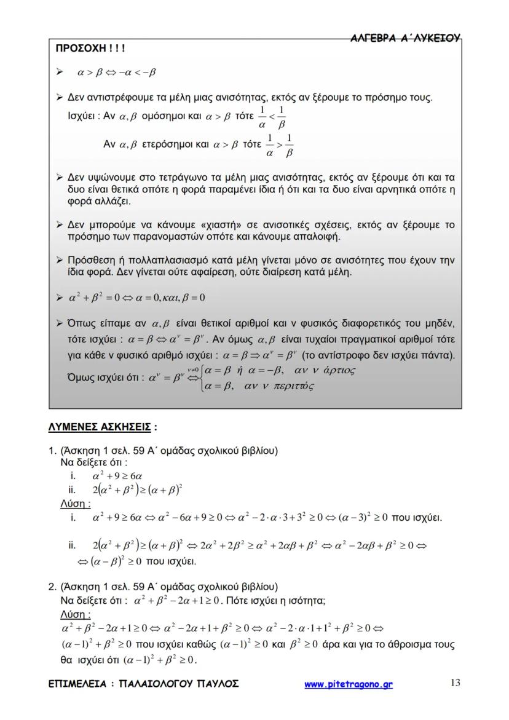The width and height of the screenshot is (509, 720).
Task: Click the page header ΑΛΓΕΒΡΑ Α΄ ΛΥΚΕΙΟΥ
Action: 405,38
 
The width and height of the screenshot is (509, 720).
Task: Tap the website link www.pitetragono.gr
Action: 349,684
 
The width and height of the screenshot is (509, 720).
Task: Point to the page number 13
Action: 455,682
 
